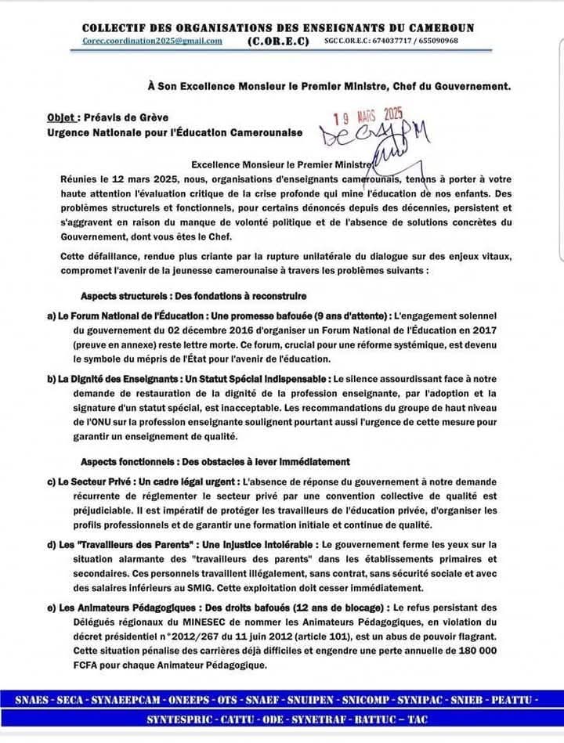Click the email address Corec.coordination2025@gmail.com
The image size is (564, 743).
pyautogui.click(x=152, y=41)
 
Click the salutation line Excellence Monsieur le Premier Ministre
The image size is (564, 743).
pyautogui.click(x=284, y=166)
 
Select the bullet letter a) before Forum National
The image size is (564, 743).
pyautogui.click(x=52, y=316)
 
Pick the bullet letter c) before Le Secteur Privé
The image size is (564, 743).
pyautogui.click(x=52, y=482)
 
